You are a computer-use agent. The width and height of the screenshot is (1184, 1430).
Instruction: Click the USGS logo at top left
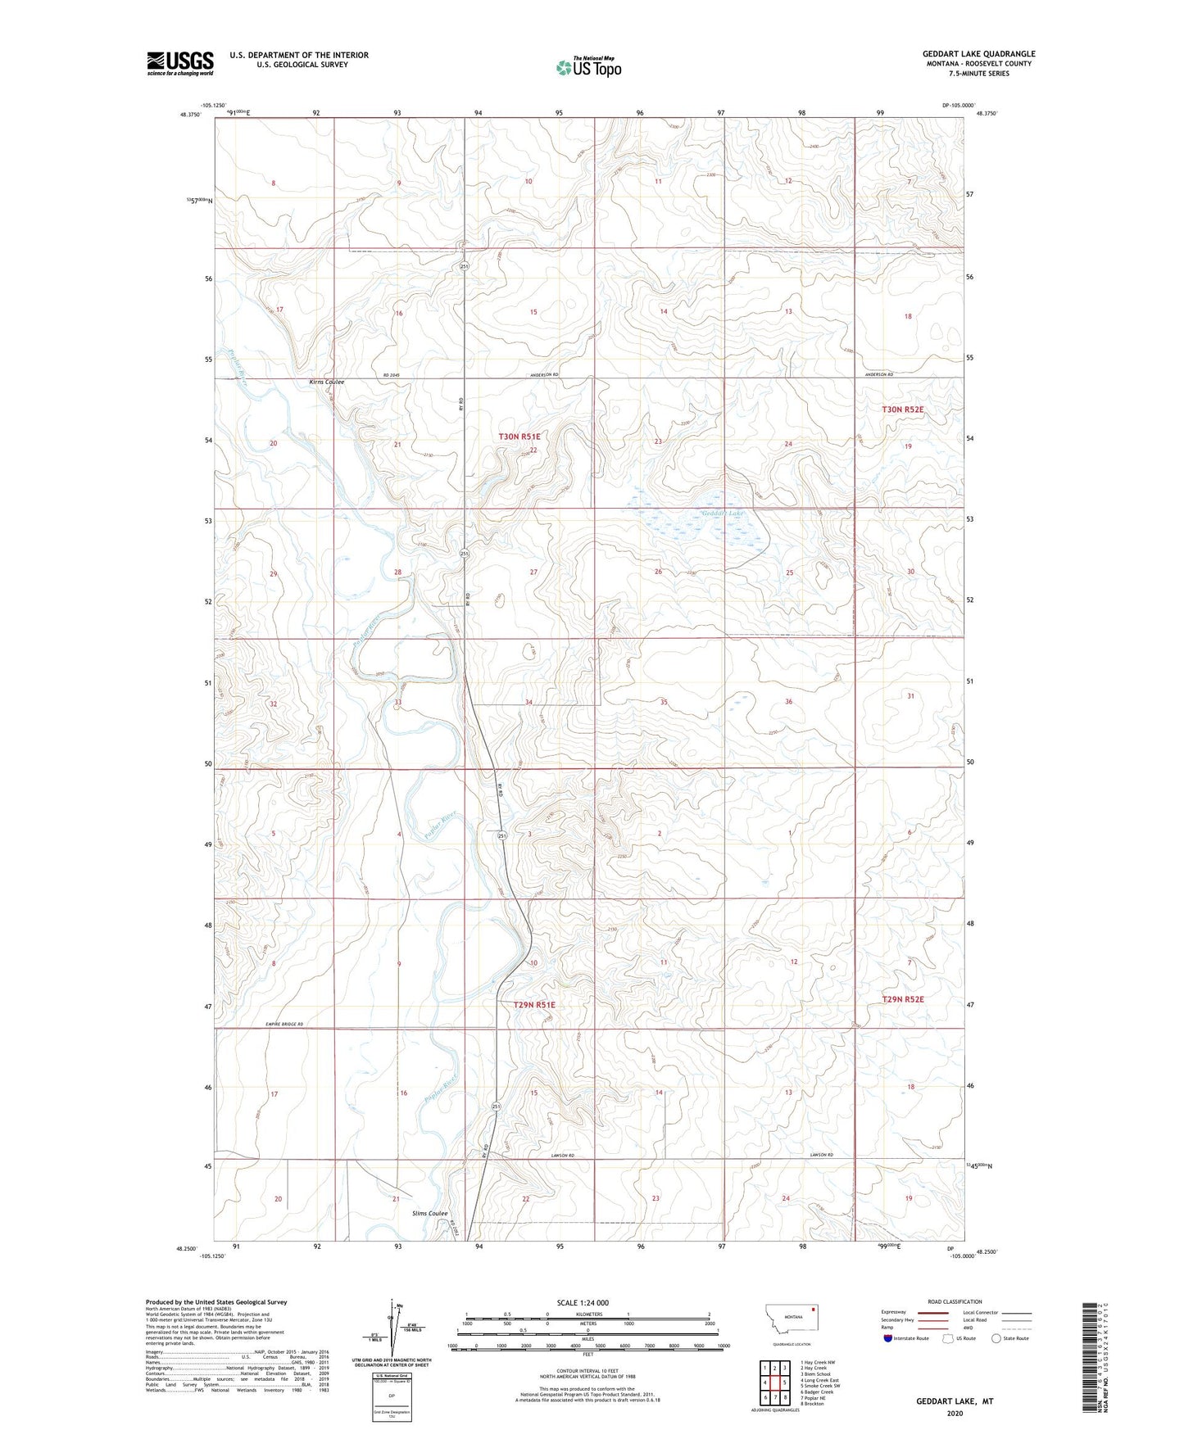pos(180,63)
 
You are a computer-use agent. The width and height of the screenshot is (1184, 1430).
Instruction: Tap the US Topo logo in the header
pos(588,67)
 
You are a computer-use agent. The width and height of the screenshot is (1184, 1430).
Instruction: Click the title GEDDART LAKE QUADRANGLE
pos(978,54)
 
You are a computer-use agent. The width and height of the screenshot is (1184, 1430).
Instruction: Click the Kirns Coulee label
pos(326,382)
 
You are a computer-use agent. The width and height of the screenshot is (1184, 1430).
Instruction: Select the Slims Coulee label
pos(429,1214)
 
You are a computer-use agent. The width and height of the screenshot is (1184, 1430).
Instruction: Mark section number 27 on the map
pos(533,572)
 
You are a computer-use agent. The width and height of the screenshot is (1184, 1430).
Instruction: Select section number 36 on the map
pos(788,702)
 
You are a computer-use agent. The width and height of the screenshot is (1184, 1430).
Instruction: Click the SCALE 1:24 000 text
pos(583,1302)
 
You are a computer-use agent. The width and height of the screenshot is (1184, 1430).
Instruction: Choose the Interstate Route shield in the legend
pos(888,1338)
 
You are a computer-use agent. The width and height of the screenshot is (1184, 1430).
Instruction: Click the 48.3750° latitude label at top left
pos(188,115)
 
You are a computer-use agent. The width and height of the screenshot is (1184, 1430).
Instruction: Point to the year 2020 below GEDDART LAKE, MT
pos(954,1413)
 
